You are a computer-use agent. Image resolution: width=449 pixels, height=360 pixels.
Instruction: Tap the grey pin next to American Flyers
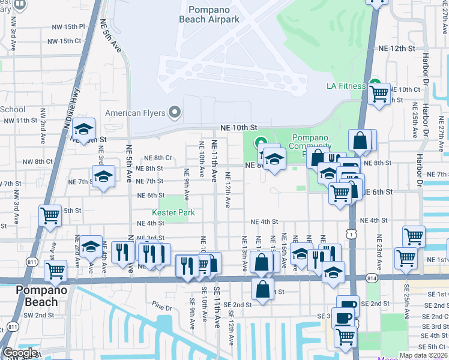pos(175,112)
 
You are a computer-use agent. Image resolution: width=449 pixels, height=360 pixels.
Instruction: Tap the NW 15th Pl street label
pos(69,27)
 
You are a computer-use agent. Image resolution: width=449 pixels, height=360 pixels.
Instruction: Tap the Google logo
pos(20,353)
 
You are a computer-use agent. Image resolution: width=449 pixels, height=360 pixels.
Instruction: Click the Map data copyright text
pos(423,356)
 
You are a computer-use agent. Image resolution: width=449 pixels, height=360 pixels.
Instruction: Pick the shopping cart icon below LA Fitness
pos(379,94)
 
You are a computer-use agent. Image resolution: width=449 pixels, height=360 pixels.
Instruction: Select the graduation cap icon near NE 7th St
pos(104,177)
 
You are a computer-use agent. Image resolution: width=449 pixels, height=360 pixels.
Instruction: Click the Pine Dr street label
pos(161,308)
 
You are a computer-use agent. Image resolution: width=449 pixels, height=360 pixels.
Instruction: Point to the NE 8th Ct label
pos(158,158)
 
